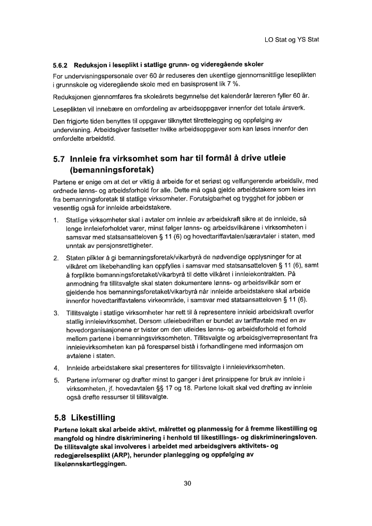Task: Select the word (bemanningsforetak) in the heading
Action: [112, 171]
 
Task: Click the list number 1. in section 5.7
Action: [56, 220]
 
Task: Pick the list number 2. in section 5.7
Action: [56, 258]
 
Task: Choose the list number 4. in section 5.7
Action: [56, 367]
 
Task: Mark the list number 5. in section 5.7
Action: [56, 380]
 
